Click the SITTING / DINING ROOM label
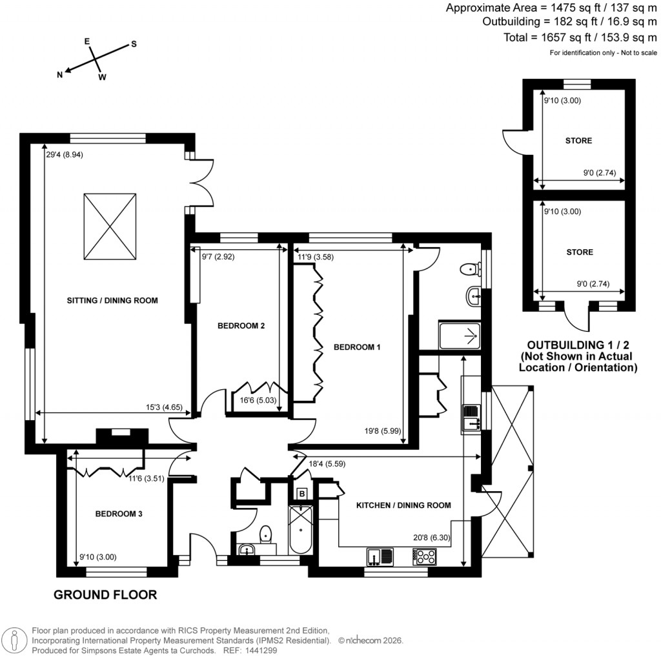(x=112, y=300)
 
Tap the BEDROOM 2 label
(x=241, y=326)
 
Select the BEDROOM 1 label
(x=357, y=347)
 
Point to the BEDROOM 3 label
(x=119, y=514)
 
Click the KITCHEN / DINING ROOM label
(x=403, y=505)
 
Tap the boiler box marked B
(x=301, y=494)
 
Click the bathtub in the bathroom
(x=301, y=529)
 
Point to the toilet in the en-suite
(x=469, y=268)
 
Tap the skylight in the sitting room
(x=110, y=226)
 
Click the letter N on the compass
(x=60, y=75)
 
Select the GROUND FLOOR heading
(x=105, y=594)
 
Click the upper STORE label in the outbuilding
(x=579, y=141)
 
